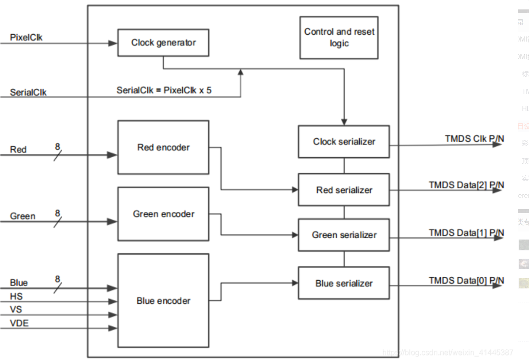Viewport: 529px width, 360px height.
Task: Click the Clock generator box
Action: click(x=163, y=42)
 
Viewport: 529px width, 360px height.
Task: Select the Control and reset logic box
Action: click(x=339, y=38)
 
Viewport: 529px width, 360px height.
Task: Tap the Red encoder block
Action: click(x=163, y=147)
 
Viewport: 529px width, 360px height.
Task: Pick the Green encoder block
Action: click(x=163, y=214)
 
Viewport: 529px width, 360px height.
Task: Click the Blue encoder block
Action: click(x=163, y=301)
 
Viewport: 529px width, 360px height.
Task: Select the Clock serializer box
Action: click(x=344, y=141)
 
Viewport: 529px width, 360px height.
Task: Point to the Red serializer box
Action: click(x=344, y=190)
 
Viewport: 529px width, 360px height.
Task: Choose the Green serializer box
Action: click(x=344, y=235)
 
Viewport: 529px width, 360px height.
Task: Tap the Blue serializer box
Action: click(x=344, y=283)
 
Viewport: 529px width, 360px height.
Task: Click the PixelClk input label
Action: click(x=26, y=38)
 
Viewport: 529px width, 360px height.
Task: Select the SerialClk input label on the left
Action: click(x=28, y=92)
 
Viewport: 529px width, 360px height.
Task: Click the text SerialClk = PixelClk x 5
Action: click(x=164, y=90)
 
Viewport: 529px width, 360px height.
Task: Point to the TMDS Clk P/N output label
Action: click(x=474, y=138)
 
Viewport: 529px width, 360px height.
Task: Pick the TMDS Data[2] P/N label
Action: click(x=466, y=185)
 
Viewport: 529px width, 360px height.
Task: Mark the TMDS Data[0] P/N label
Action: click(x=466, y=280)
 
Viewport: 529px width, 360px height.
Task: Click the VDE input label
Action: click(x=19, y=323)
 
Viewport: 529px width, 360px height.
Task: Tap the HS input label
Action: click(x=16, y=296)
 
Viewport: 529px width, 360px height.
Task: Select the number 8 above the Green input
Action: click(x=57, y=213)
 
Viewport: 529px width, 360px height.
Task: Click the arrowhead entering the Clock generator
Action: click(x=113, y=43)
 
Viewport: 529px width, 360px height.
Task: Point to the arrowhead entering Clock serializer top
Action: click(x=344, y=122)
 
